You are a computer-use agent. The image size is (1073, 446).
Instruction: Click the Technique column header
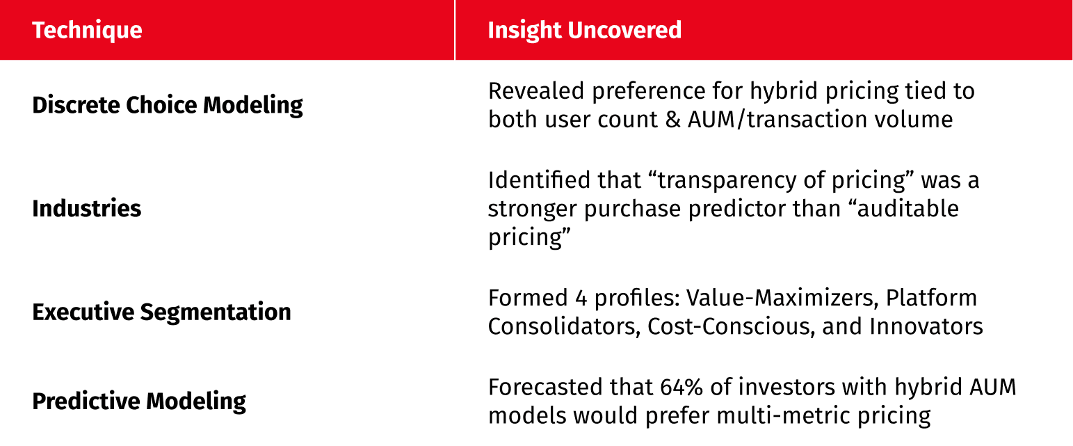coord(87,30)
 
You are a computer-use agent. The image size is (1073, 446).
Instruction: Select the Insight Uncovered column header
coord(584,30)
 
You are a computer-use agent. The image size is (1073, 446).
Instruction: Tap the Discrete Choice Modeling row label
coord(168,105)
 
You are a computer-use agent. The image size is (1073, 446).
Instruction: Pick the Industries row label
coord(87,209)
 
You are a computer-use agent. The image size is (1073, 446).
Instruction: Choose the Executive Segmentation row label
coord(161,312)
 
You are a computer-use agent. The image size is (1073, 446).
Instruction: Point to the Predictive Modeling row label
coord(139,401)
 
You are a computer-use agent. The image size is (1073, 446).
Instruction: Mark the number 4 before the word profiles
coord(581,298)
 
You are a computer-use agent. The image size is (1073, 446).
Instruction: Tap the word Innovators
coord(926,327)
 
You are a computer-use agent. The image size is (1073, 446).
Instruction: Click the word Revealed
coord(536,91)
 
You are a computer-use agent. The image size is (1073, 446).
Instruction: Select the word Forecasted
coord(545,387)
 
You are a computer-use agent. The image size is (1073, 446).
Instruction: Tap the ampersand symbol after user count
coord(673,120)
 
